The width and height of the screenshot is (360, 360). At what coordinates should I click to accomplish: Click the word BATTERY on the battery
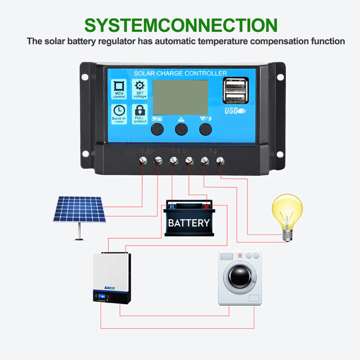click(x=189, y=223)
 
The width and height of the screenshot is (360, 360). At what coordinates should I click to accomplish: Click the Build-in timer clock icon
click(x=119, y=111)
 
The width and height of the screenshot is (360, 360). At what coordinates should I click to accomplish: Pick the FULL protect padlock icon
click(x=140, y=111)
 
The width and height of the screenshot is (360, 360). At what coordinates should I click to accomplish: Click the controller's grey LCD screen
click(x=180, y=97)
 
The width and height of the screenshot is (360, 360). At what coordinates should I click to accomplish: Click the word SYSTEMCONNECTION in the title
click(x=180, y=25)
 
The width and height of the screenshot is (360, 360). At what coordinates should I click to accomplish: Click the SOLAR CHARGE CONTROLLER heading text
click(x=180, y=73)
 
